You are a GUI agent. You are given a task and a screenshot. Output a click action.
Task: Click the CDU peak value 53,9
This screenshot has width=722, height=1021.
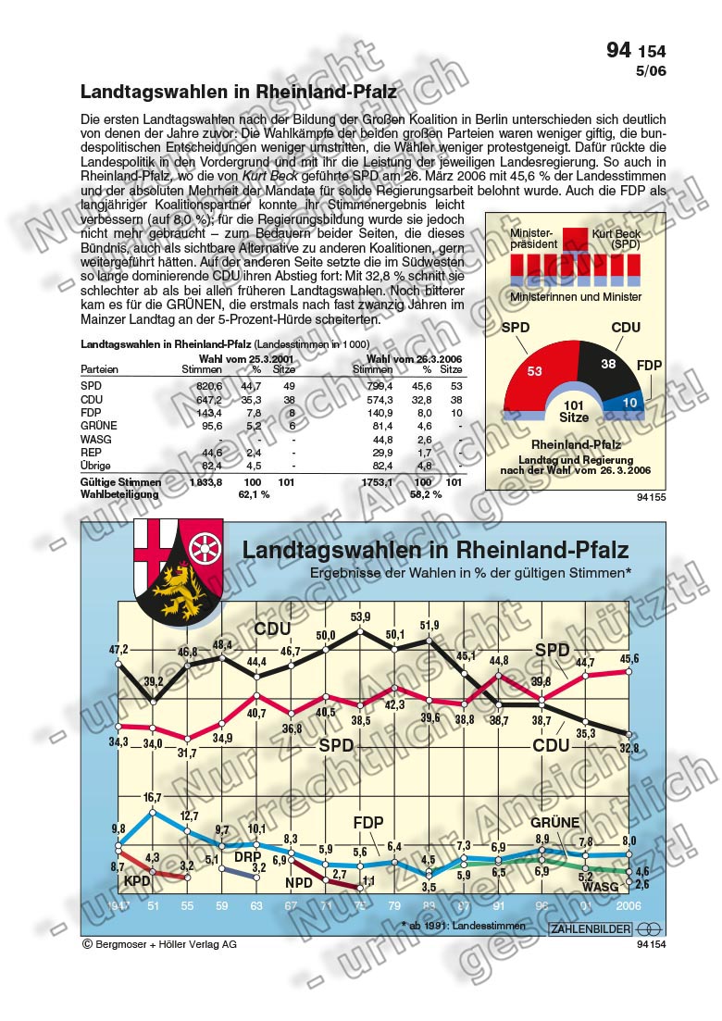[x=360, y=617]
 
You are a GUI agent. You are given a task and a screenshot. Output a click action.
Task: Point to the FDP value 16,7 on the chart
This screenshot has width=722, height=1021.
[x=154, y=797]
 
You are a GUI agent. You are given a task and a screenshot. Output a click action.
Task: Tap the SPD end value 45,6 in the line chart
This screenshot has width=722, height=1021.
[x=628, y=659]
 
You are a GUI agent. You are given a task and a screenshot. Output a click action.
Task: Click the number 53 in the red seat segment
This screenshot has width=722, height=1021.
[x=535, y=371]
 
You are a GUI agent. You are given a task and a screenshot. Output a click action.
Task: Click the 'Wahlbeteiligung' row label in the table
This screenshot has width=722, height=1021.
[x=119, y=494]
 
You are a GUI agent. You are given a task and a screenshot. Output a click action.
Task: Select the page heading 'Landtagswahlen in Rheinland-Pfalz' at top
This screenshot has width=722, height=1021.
[x=239, y=93]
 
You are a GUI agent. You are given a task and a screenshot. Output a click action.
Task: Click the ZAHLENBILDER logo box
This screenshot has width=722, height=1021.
[x=591, y=928]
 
